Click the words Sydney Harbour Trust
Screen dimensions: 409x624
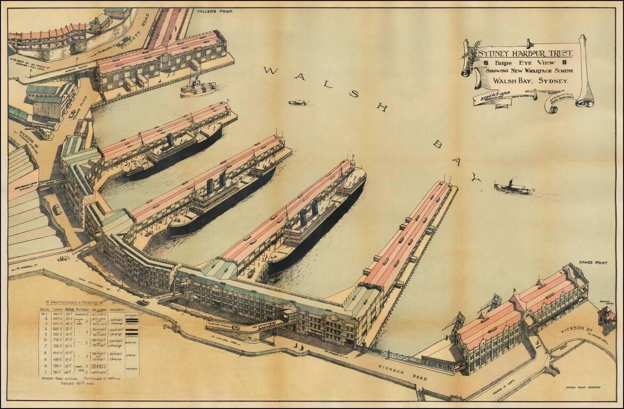[x=525, y=53]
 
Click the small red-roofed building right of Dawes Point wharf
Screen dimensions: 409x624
[x=606, y=316]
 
